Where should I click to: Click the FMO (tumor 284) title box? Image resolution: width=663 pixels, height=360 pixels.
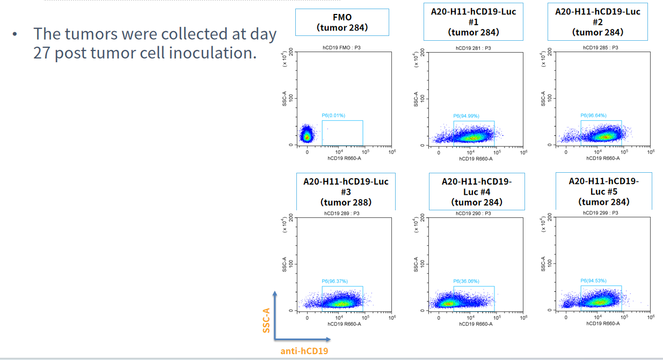(x=342, y=23)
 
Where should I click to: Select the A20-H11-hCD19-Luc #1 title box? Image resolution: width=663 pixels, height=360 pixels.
(x=473, y=21)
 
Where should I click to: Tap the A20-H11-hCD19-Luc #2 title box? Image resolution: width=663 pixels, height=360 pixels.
(x=598, y=21)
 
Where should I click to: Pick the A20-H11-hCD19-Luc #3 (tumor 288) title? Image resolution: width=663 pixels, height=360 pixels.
(x=346, y=192)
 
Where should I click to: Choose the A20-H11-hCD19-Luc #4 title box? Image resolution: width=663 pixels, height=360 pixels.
(x=477, y=192)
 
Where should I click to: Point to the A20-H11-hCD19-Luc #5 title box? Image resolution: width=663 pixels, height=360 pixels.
(x=604, y=192)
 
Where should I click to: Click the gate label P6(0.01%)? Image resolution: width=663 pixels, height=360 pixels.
(x=333, y=115)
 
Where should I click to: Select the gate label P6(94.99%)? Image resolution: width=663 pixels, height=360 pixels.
(x=466, y=116)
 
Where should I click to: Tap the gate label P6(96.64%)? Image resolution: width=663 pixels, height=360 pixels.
(x=593, y=115)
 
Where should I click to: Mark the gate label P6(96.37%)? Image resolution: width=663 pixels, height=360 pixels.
(x=334, y=281)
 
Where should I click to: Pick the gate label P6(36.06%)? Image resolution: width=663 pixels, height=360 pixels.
(x=466, y=281)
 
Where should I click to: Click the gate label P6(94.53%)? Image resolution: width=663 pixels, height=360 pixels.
(x=593, y=281)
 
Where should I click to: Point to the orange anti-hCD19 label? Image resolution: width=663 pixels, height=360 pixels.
(x=304, y=351)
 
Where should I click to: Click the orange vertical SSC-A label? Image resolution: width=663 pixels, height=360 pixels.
(x=266, y=320)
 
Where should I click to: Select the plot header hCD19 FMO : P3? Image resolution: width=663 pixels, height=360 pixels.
(x=341, y=48)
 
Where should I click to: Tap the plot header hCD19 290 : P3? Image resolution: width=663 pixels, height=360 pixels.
(x=473, y=213)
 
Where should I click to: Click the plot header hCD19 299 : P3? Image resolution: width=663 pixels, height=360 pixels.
(x=600, y=213)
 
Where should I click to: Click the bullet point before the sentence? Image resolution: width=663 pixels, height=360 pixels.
(x=15, y=35)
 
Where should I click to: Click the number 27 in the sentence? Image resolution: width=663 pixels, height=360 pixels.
(x=42, y=54)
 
